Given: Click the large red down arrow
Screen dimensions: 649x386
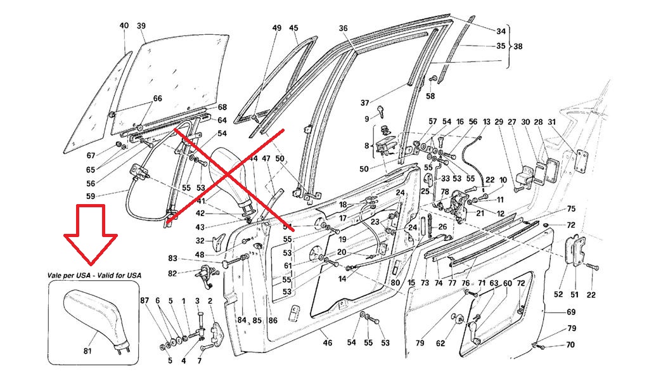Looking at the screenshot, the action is click(91, 233).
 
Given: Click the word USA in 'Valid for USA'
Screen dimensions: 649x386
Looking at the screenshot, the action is click(133, 275).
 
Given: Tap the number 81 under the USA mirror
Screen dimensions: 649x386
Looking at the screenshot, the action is click(87, 351).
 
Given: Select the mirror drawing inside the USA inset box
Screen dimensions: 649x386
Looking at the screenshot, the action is click(96, 319).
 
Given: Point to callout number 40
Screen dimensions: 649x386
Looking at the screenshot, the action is click(124, 25).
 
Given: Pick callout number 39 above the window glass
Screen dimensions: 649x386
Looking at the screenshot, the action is click(141, 25).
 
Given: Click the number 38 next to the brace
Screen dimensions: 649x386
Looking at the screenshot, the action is click(518, 47).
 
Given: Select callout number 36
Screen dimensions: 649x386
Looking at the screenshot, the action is click(343, 29).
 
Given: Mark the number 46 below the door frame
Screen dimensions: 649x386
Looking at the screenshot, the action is click(328, 342).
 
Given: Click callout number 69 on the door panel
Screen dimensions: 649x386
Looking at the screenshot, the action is click(571, 312).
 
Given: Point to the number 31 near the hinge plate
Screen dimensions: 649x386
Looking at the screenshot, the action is click(551, 122).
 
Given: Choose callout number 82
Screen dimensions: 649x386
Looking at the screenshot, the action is click(172, 273).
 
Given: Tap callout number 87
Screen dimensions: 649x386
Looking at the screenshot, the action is click(144, 301).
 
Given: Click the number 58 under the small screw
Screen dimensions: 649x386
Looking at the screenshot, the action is click(430, 96).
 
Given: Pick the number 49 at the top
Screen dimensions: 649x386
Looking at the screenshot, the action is click(276, 28).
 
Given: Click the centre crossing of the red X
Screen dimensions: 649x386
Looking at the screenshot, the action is click(227, 175).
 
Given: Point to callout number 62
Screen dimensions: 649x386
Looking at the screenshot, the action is click(440, 343).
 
